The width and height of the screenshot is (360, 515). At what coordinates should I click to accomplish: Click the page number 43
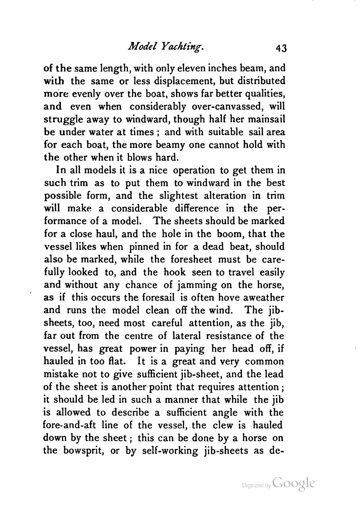(x=282, y=48)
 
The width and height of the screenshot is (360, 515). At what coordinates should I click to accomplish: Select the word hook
(x=175, y=272)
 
